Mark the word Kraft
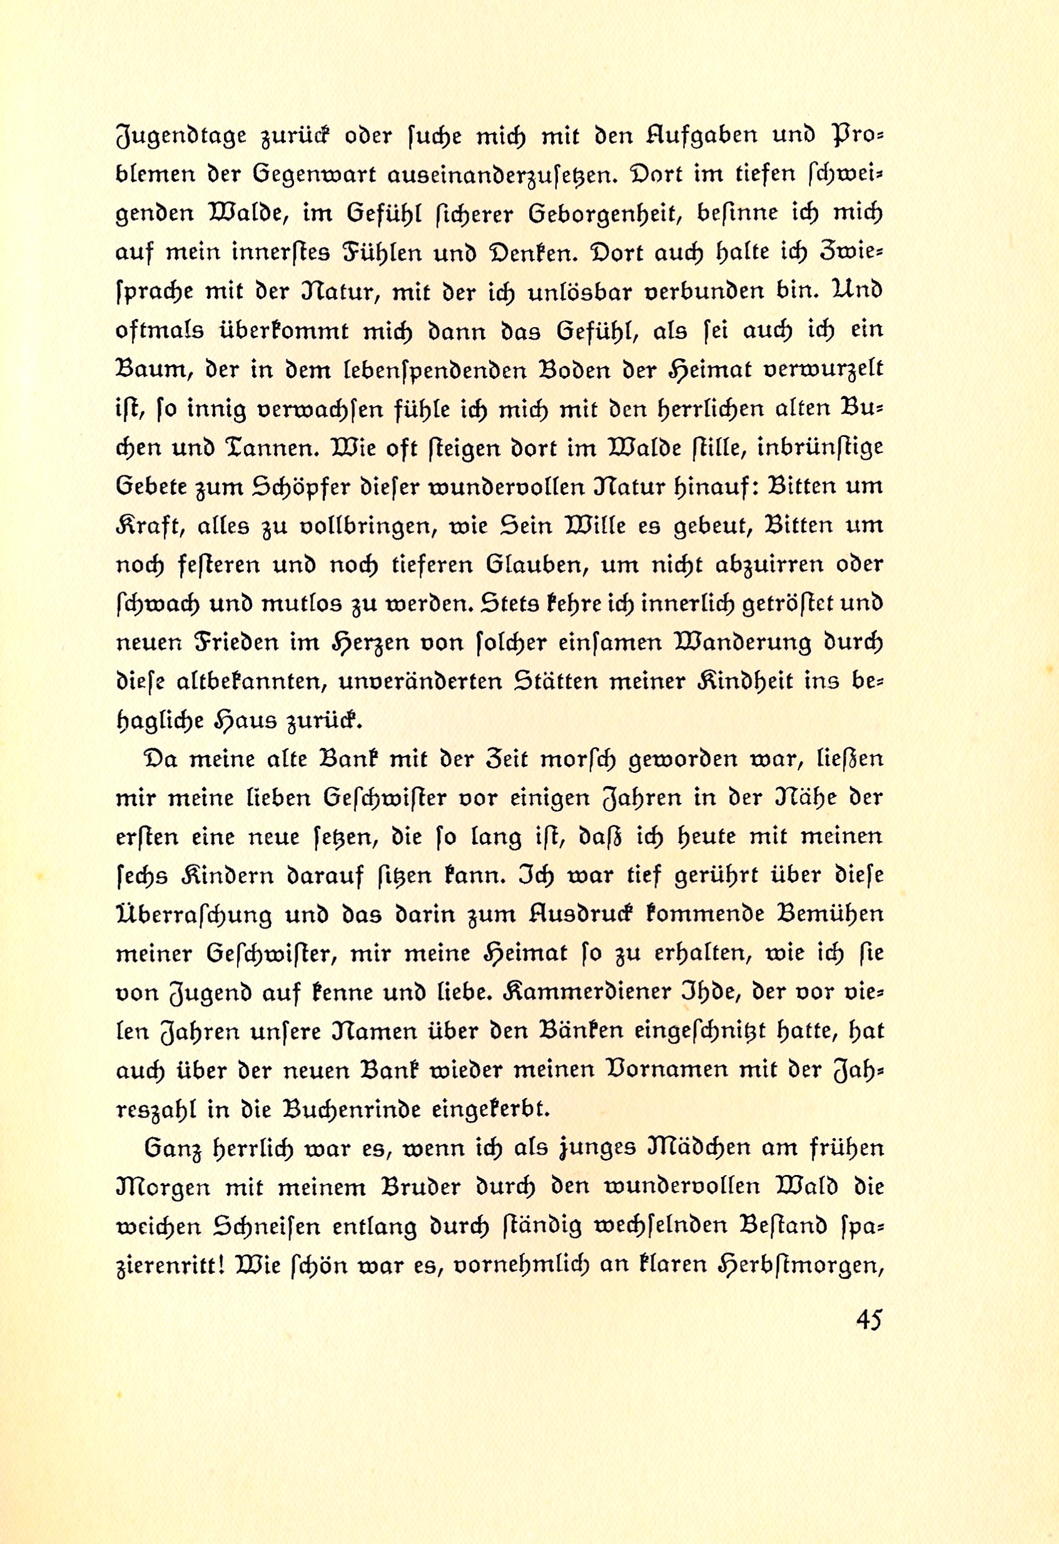148,526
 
